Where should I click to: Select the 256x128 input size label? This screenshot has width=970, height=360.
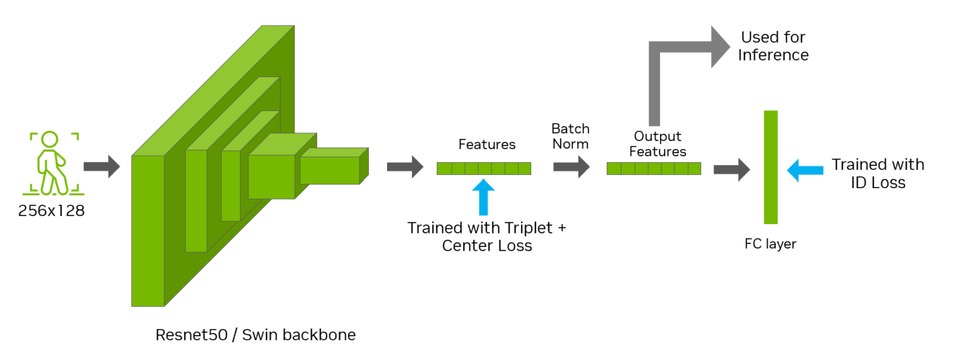click(x=51, y=211)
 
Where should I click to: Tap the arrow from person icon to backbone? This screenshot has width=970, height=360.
click(x=102, y=167)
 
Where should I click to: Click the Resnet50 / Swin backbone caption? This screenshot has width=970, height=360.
click(x=256, y=335)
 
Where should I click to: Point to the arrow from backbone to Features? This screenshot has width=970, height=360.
click(x=405, y=167)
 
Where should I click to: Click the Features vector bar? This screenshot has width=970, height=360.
click(x=484, y=168)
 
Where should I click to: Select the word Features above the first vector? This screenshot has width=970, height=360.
click(x=487, y=145)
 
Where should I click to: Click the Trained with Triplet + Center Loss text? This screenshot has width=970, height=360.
click(x=487, y=236)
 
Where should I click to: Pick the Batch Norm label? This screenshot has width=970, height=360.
click(x=570, y=136)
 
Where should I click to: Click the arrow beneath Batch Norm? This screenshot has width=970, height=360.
click(x=572, y=167)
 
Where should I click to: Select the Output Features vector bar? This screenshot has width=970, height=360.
click(x=654, y=168)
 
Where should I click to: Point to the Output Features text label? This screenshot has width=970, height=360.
click(x=657, y=144)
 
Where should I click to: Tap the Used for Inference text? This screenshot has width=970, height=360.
click(x=773, y=46)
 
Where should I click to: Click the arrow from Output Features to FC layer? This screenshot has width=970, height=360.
click(x=731, y=169)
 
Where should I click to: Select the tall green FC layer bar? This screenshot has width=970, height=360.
click(x=770, y=167)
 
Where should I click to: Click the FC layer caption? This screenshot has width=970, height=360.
click(x=770, y=244)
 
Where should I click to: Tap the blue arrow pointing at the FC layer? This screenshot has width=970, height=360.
click(x=805, y=170)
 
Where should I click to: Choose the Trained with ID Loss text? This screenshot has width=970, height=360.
click(x=878, y=174)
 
